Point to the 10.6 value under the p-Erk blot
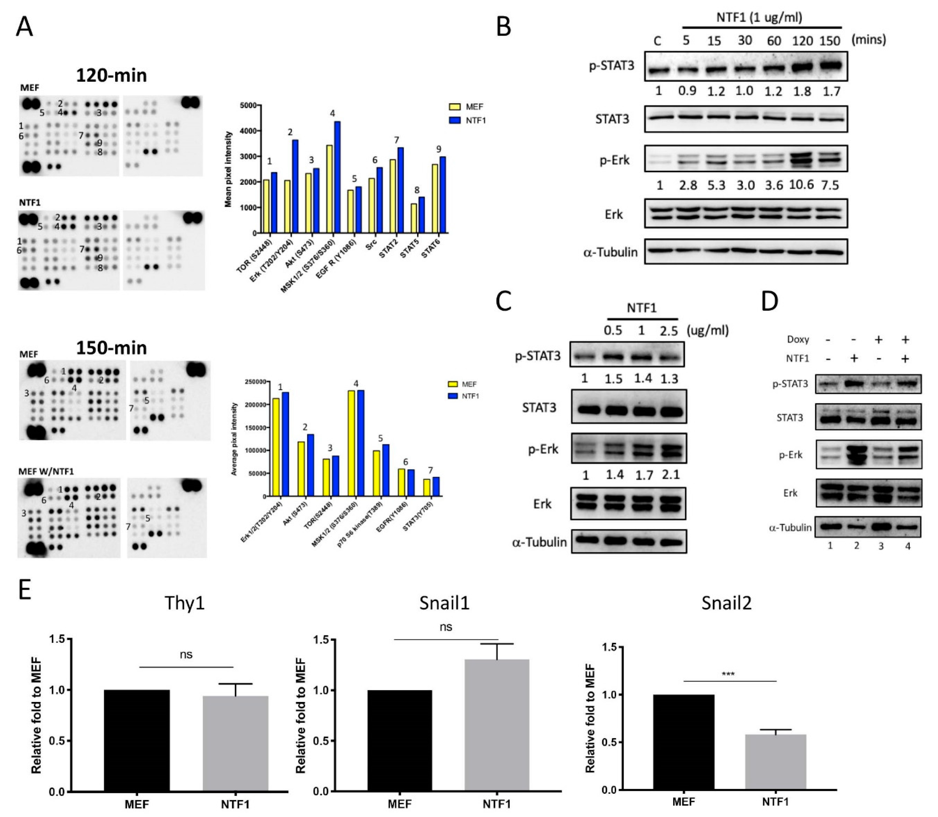click(x=802, y=185)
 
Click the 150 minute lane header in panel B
click(x=830, y=41)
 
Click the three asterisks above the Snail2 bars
click(x=728, y=674)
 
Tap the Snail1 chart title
click(x=444, y=603)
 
